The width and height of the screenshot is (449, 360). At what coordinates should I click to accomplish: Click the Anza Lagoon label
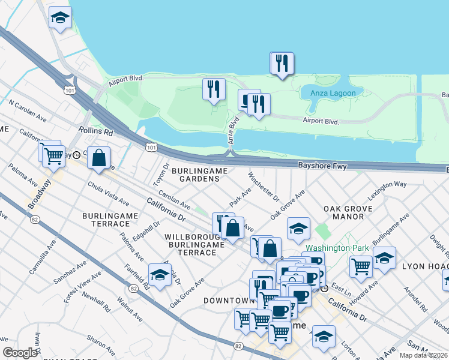click(x=333, y=93)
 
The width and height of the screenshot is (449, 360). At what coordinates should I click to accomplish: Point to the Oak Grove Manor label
click(x=348, y=213)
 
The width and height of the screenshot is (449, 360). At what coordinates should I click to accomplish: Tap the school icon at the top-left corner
click(x=59, y=19)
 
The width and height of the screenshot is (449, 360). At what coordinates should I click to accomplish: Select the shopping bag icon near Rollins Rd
click(x=99, y=158)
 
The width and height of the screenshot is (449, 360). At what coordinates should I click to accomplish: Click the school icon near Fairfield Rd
click(x=160, y=275)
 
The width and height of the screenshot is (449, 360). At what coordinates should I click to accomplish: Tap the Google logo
click(x=20, y=353)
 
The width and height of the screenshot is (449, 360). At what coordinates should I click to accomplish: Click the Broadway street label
click(x=38, y=196)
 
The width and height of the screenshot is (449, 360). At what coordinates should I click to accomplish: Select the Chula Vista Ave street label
click(x=107, y=193)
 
